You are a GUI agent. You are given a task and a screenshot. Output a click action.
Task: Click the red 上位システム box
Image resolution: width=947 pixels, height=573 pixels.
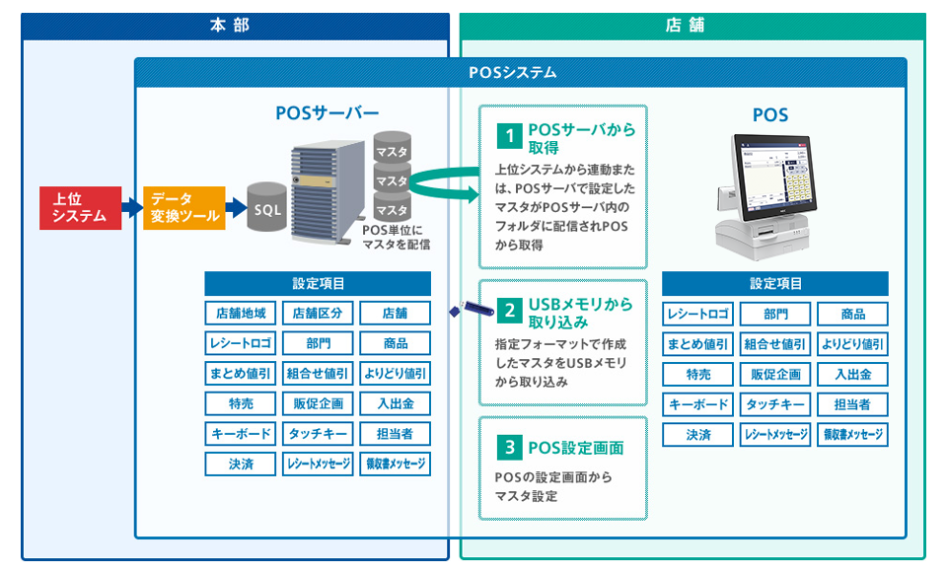pyautogui.click(x=80, y=208)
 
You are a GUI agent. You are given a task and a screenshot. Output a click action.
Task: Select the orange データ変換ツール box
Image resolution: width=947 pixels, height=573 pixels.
pyautogui.click(x=184, y=208)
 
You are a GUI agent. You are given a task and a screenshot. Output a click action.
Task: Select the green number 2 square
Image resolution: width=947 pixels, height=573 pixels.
pyautogui.click(x=509, y=311)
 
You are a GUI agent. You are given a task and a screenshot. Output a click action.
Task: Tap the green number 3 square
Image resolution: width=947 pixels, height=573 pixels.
pyautogui.click(x=509, y=448)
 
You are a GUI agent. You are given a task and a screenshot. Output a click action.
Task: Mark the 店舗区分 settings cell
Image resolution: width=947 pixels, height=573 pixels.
pyautogui.click(x=318, y=314)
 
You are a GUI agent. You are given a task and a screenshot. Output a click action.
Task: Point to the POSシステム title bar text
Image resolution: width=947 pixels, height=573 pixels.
pyautogui.click(x=513, y=72)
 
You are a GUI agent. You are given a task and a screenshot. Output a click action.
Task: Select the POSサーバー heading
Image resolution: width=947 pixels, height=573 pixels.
pyautogui.click(x=327, y=112)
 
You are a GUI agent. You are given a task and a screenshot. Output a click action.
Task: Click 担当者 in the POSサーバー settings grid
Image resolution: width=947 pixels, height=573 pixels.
pyautogui.click(x=395, y=433)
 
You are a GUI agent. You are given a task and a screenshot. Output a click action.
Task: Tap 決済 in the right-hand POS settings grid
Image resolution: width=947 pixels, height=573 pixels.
pyautogui.click(x=697, y=434)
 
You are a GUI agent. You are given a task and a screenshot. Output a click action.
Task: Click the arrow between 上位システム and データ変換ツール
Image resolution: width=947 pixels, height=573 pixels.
pyautogui.click(x=132, y=208)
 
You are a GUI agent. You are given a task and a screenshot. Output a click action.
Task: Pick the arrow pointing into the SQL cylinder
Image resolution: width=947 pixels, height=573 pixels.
pyautogui.click(x=235, y=208)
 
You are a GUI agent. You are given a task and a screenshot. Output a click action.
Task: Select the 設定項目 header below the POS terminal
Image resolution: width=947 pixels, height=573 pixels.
pyautogui.click(x=775, y=283)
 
